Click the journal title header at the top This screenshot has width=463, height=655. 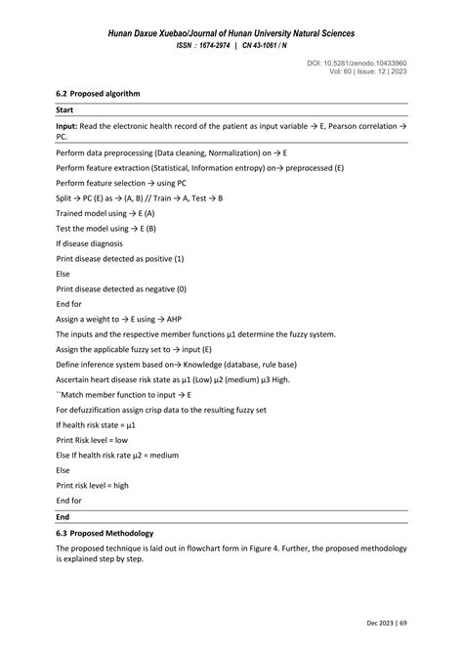pos(231,35)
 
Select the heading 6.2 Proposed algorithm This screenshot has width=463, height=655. pos(99,93)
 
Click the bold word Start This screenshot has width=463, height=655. pos(65,110)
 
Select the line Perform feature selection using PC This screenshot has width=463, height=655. pos(121,183)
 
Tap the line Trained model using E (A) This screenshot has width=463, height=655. pos(105,212)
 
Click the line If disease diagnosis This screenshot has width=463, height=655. pos(90,242)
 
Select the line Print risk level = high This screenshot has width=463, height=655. pos(93,485)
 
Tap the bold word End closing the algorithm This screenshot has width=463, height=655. pos(63,516)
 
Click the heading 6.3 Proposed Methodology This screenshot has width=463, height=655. pos(105,534)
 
